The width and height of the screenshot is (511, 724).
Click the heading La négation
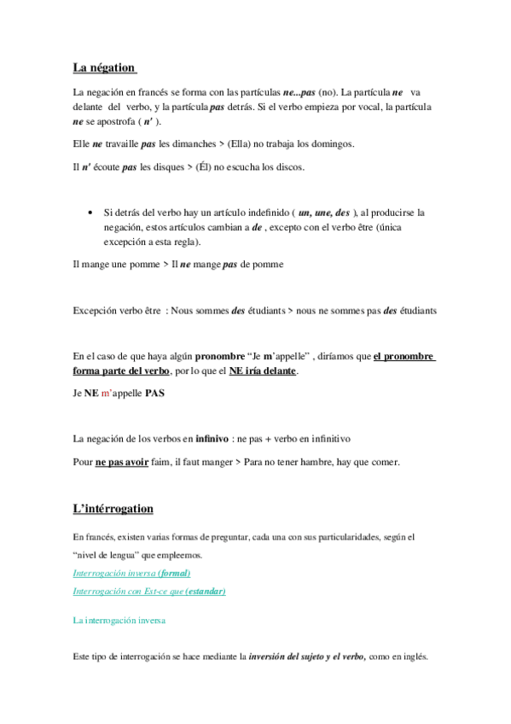pyautogui.click(x=105, y=67)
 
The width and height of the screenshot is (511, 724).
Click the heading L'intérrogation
pyautogui.click(x=113, y=509)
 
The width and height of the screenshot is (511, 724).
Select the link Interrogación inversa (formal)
pyautogui.click(x=131, y=573)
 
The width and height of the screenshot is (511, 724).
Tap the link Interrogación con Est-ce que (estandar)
pyautogui.click(x=149, y=591)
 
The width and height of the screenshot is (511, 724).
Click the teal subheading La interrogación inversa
pyautogui.click(x=119, y=621)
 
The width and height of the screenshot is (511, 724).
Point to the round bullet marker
pyautogui.click(x=90, y=212)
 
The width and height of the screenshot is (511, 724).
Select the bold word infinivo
pyautogui.click(x=212, y=439)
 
